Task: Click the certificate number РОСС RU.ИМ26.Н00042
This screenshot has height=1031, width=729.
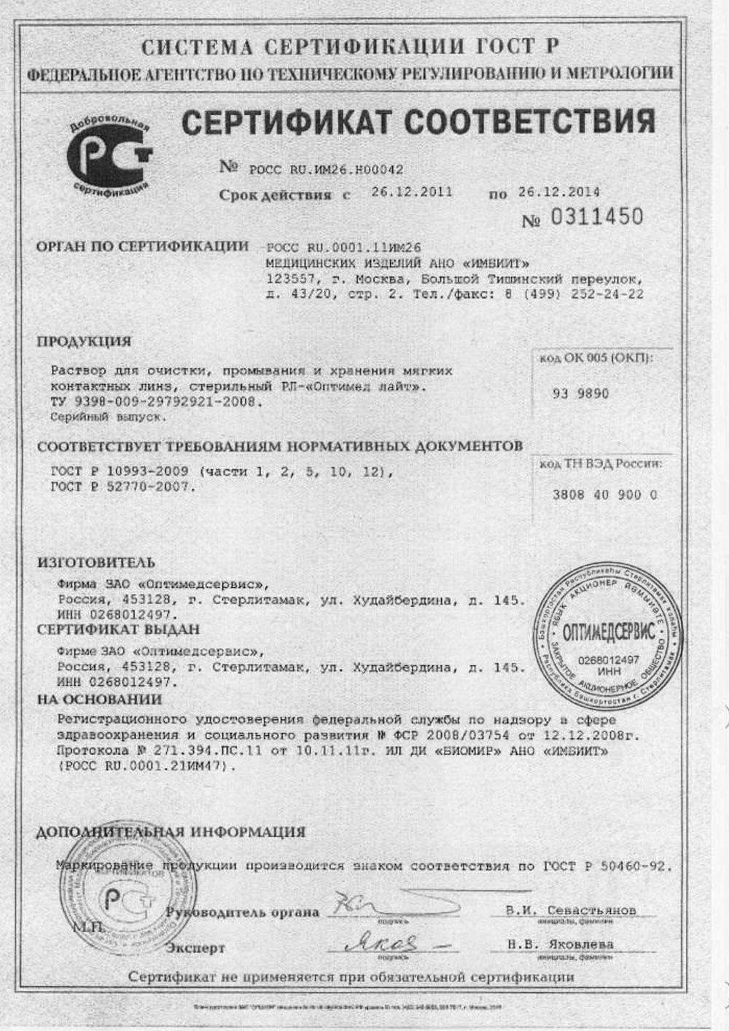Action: pos(326,169)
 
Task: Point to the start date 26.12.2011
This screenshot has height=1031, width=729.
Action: pos(412,192)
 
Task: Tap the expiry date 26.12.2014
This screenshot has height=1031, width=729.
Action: pos(559,192)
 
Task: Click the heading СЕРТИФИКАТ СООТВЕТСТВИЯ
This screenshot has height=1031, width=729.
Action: pos(418,121)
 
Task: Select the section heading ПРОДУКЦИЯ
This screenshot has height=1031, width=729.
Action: pos(84,341)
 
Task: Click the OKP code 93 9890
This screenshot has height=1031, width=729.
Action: pos(581,393)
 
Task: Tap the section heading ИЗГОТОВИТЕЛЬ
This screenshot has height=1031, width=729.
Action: pos(96,562)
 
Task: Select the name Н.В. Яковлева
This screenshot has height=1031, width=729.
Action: pos(561,944)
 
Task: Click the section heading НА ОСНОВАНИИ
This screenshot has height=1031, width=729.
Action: pos(100,699)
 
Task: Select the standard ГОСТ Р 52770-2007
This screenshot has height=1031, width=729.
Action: pos(122,487)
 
